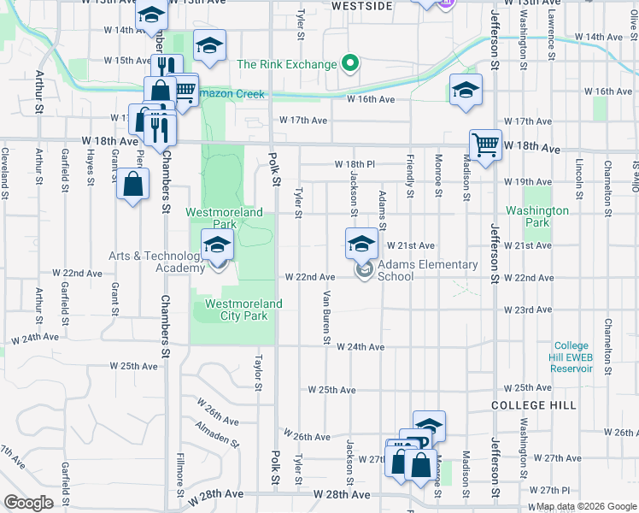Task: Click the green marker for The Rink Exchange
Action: pyautogui.click(x=349, y=63)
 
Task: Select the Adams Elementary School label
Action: pyautogui.click(x=427, y=270)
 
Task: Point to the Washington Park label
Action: pyautogui.click(x=537, y=216)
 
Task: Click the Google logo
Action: pyautogui.click(x=28, y=502)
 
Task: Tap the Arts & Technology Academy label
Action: pyautogui.click(x=156, y=262)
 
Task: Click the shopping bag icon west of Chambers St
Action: pyautogui.click(x=133, y=184)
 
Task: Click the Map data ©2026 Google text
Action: pyautogui.click(x=584, y=507)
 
